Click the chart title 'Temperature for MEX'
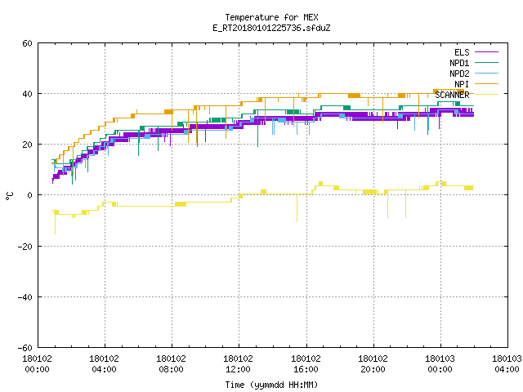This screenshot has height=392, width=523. pos(271,17)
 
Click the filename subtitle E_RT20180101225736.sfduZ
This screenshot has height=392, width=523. pos(271,28)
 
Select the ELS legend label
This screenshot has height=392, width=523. pos(462,52)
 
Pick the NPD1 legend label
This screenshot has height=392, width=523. pos(459,63)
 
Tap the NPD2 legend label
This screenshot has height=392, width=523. pos(459,73)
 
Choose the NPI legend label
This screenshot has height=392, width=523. pos(462,84)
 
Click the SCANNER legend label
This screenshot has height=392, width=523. pos(452,95)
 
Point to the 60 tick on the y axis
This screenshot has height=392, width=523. pos(27,43)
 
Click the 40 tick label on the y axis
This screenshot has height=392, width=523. pos(27,94)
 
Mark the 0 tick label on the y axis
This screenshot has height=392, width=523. pos(30,195)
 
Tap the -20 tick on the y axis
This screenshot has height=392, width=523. pos(25,247)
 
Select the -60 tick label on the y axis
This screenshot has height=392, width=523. pos(25,348)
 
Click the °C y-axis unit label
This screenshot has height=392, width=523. pos(9,196)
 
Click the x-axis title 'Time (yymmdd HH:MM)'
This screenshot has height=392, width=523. pos(271,385)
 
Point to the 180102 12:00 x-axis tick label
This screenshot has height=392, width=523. pos(238,364)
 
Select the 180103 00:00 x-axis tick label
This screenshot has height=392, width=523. pos(440,364)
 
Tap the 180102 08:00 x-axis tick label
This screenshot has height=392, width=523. pos(171,364)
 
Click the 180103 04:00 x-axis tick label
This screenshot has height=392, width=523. pos(507,364)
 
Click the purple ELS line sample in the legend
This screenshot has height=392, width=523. pos(486,52)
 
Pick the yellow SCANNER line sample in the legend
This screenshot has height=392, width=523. pos(486,95)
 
